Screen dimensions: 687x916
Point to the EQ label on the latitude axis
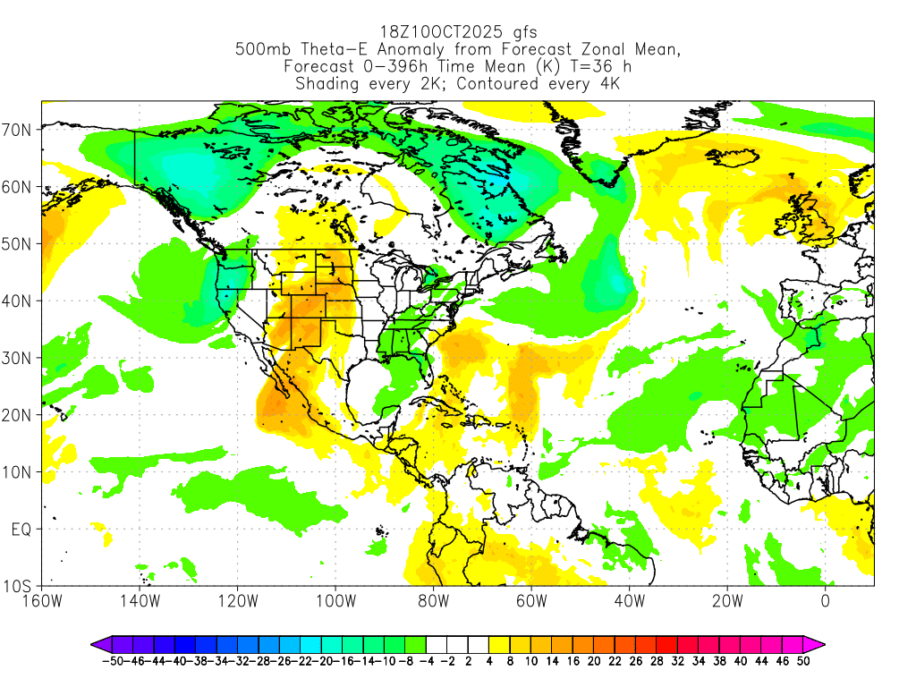tap(21, 530)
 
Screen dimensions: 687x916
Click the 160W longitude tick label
tap(42, 600)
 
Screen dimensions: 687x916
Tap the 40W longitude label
tap(629, 600)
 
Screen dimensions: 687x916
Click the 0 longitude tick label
tap(825, 600)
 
